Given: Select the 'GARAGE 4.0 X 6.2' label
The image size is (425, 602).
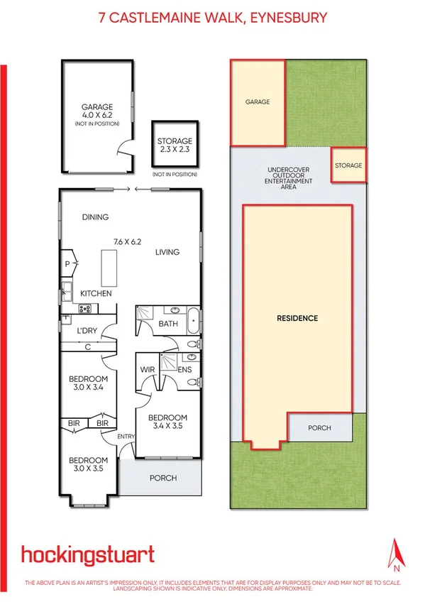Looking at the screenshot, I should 97,114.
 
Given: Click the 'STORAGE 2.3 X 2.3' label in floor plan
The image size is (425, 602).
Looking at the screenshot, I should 174,146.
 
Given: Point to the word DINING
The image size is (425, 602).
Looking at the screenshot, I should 95,217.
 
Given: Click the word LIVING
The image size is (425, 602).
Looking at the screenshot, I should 167,252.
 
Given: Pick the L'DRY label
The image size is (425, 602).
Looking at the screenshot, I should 87,332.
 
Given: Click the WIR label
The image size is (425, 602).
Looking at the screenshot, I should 148,370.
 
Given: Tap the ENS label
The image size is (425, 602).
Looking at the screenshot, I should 184,370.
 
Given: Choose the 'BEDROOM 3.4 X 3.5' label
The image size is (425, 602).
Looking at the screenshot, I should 167,422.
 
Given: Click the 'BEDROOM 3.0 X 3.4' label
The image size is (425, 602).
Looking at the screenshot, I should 87,383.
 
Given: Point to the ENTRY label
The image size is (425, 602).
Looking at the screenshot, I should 126,437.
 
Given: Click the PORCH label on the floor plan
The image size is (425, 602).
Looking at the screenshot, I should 163,478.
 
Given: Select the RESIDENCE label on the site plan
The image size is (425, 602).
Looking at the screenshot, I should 297,318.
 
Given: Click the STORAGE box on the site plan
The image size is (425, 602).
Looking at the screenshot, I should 348,165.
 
